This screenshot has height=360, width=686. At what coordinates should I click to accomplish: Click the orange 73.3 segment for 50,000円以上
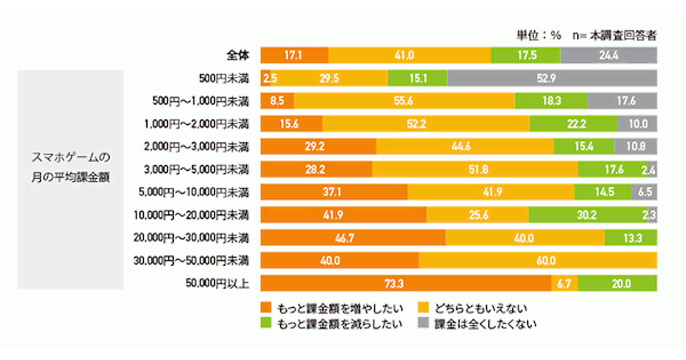coord(405,283)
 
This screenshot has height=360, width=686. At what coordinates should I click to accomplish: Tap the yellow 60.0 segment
coord(537,261)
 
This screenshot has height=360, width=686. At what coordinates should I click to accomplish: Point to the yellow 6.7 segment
coord(564,283)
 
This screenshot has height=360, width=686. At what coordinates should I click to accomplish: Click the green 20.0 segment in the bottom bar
coord(617,283)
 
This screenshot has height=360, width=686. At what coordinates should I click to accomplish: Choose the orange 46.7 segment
coord(353,238)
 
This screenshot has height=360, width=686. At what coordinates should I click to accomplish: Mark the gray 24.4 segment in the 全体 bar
coord(609,55)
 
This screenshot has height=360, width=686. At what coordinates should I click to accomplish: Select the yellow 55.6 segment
coord(405,101)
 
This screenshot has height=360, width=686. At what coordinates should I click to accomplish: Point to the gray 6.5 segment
coord(644,192)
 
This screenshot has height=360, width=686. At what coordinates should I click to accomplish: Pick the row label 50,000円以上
coord(218,283)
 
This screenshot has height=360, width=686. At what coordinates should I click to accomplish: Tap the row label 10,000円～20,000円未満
coord(192,215)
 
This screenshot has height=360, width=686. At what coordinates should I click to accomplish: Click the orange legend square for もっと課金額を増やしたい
coord(265,309)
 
